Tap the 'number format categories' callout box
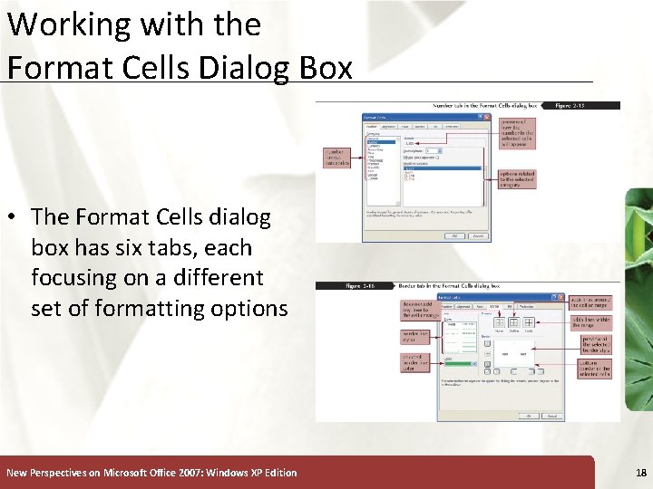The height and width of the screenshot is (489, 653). pyautogui.click(x=339, y=158)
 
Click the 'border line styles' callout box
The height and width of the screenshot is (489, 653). pyautogui.click(x=415, y=337)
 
